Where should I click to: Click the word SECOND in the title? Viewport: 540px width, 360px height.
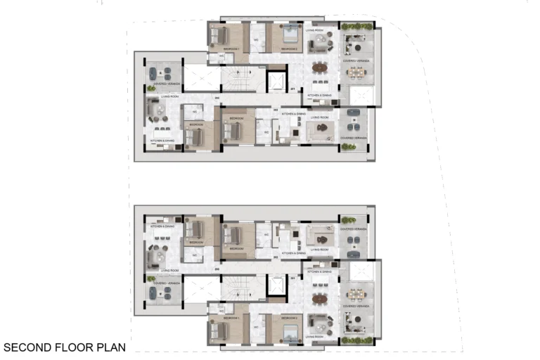click(x=27, y=347)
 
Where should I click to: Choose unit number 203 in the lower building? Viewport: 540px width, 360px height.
click(x=217, y=269)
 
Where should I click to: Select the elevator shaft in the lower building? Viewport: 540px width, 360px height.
click(x=277, y=285)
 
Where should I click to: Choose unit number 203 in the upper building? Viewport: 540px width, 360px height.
click(x=217, y=97)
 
